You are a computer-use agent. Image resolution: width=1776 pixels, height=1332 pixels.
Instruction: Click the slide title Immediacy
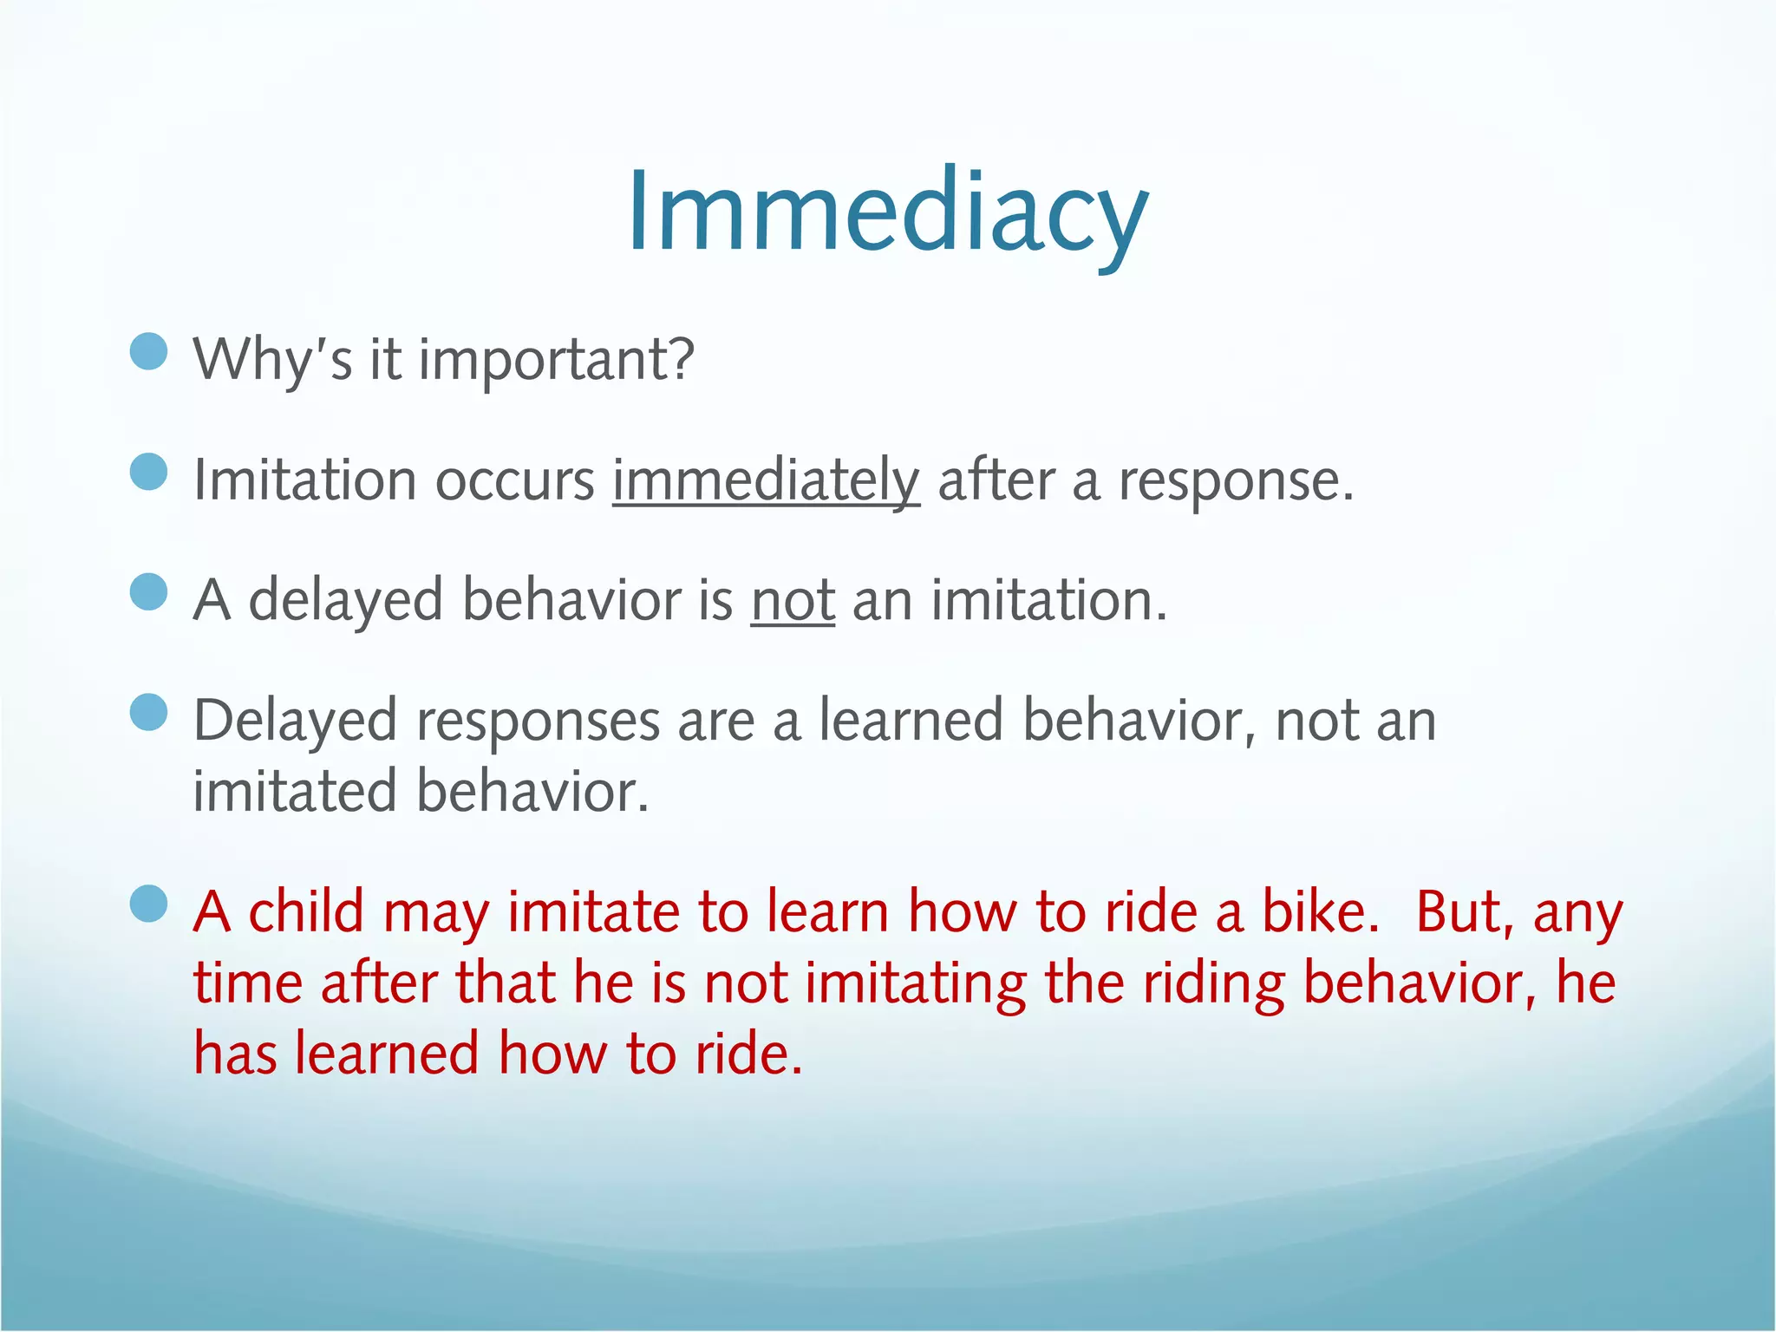point(887,212)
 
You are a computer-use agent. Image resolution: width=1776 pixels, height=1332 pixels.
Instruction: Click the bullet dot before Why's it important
point(148,352)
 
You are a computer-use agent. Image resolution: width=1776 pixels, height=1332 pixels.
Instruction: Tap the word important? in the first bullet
point(556,359)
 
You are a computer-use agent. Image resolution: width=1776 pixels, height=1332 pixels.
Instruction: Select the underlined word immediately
point(766,480)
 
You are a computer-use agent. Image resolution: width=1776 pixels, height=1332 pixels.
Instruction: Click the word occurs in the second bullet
point(514,480)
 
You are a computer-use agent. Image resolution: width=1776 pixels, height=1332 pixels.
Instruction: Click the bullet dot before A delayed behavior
point(148,593)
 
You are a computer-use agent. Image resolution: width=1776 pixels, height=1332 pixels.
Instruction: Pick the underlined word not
point(793,600)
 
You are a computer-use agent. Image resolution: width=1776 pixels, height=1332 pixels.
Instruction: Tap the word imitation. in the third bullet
point(1049,600)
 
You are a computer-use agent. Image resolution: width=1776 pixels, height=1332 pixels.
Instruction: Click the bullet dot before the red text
point(148,904)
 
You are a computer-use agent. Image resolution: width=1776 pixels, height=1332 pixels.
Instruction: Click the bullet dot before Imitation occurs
point(148,473)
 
